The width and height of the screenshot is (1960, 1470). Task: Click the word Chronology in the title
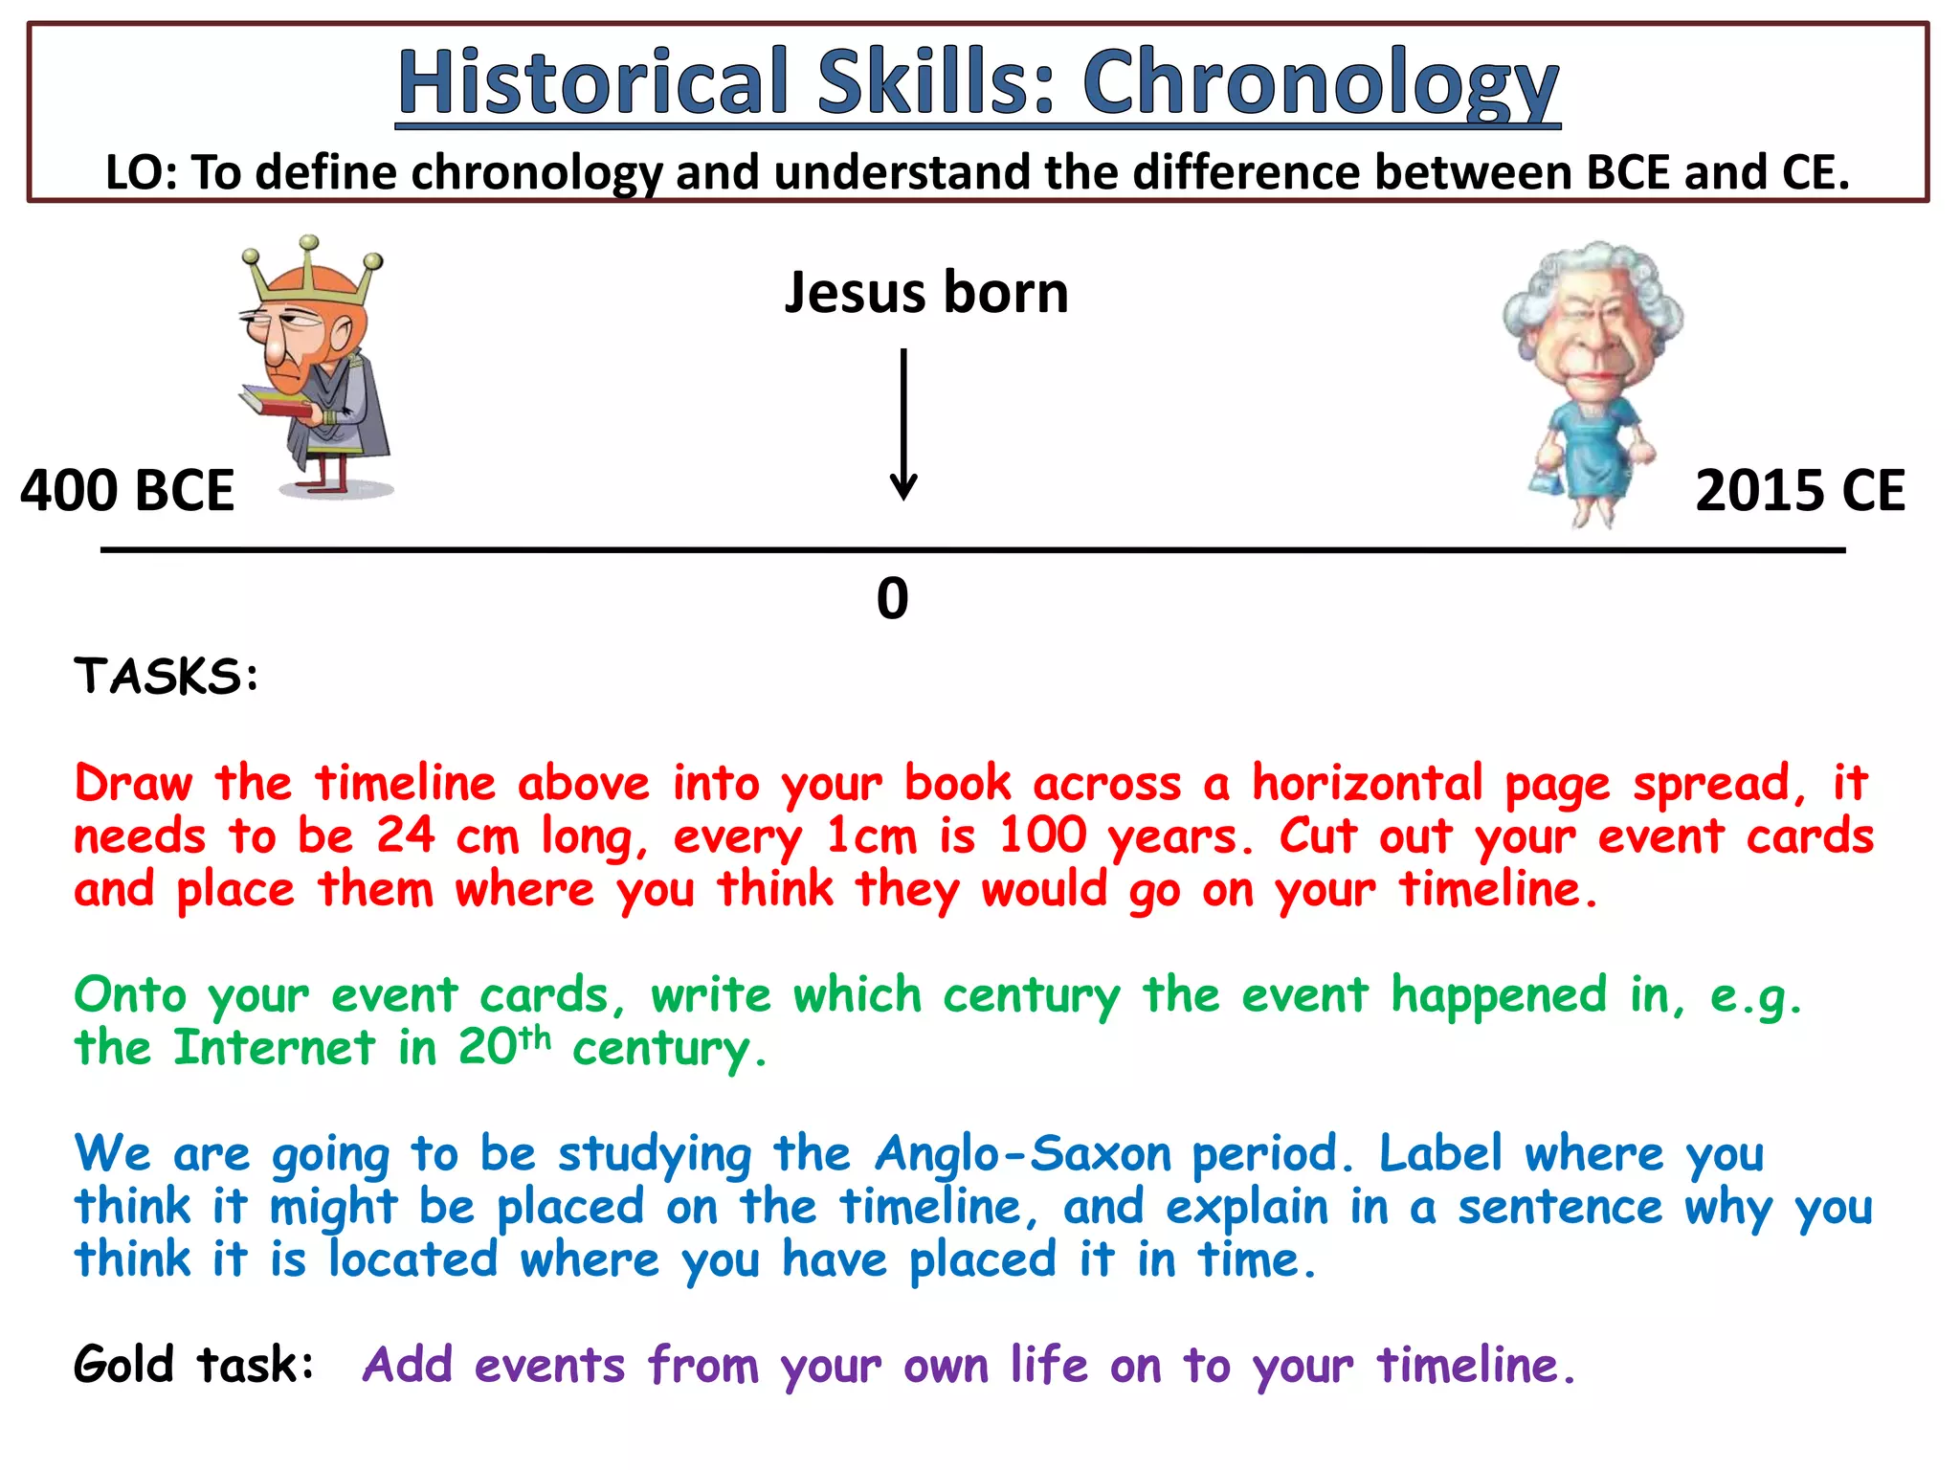[x=1321, y=84]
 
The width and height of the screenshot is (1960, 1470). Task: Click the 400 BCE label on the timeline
[x=127, y=491]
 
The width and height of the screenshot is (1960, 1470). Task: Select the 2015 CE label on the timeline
[x=1799, y=491]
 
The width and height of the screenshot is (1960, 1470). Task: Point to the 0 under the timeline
[x=892, y=599]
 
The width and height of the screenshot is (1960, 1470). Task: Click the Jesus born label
[x=925, y=292]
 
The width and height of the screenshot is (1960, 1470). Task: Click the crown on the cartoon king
[x=311, y=273]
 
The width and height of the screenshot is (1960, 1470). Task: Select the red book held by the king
[x=277, y=403]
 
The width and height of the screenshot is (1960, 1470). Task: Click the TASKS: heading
[x=167, y=677]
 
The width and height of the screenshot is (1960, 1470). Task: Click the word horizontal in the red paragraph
[x=1368, y=783]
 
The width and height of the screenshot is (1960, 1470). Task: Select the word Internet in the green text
[x=275, y=1047]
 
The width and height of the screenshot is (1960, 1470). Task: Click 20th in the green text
[x=503, y=1045]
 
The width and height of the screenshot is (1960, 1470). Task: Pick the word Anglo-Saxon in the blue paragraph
[x=1023, y=1153]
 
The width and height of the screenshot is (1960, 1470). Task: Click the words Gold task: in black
[x=193, y=1365]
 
